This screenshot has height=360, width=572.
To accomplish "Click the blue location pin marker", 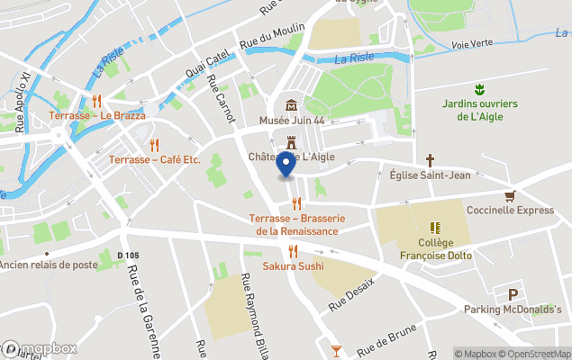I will coord(286,165).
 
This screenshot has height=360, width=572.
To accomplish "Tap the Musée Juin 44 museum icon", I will coord(291,105).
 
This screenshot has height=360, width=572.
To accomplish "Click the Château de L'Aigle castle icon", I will coord(291,142).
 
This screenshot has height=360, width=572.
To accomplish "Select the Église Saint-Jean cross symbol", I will coord(430,159).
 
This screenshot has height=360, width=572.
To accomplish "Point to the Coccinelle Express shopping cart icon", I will coord(510,195).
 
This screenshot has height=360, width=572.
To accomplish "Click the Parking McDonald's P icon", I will coord(513,294).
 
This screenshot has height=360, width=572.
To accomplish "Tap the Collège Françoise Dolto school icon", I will coord(435,228).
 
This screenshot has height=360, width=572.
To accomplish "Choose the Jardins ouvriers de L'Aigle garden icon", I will coord(480,88).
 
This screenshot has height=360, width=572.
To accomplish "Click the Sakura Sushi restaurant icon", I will coord(293,251).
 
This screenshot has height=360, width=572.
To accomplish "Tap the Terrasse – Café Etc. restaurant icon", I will coord(154,144).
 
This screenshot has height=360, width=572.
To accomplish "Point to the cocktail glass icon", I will coord(336,349).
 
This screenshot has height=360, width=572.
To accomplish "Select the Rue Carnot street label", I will coord(222,100).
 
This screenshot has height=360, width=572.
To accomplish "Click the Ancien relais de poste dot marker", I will coord(47,253).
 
